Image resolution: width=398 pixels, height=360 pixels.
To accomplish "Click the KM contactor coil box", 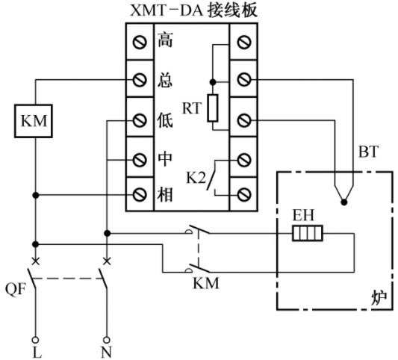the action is pos(34,121).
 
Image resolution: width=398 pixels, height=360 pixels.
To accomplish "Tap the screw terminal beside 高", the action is pos(140,42).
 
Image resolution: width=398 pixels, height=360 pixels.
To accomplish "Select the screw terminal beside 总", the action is pos(140,80).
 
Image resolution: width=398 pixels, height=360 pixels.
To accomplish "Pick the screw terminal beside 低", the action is pos(140,120).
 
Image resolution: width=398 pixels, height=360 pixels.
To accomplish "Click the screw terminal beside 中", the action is pos(140,160).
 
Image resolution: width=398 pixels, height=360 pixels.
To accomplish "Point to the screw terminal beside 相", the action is pos(140,195).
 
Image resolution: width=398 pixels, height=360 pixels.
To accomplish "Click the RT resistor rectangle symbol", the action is pos(213,108).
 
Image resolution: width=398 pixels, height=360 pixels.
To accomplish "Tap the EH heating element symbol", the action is pos(308,233).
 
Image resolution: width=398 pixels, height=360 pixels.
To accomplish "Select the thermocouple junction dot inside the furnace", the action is pos(344,202).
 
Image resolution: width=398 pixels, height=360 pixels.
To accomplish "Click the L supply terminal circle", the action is pos(36,340).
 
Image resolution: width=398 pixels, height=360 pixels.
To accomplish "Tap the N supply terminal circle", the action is pos(107,340).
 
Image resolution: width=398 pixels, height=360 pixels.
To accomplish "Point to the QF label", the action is pos(16,289).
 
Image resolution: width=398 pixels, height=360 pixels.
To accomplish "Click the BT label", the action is pos(368,152).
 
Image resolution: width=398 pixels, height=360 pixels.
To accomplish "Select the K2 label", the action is pos(196,178).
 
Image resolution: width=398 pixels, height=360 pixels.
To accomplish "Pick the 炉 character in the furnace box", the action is pos(379,297).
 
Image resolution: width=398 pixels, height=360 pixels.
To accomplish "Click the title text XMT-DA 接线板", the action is pos(194,10).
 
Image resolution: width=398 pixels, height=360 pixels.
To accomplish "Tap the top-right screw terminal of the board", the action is pos(244,42).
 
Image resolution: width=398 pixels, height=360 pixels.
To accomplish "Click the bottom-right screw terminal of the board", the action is pos(244,195).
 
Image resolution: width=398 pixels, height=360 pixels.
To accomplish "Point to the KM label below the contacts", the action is pos(206,283).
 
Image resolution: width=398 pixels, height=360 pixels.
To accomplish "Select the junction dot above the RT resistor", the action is pos(213,82).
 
